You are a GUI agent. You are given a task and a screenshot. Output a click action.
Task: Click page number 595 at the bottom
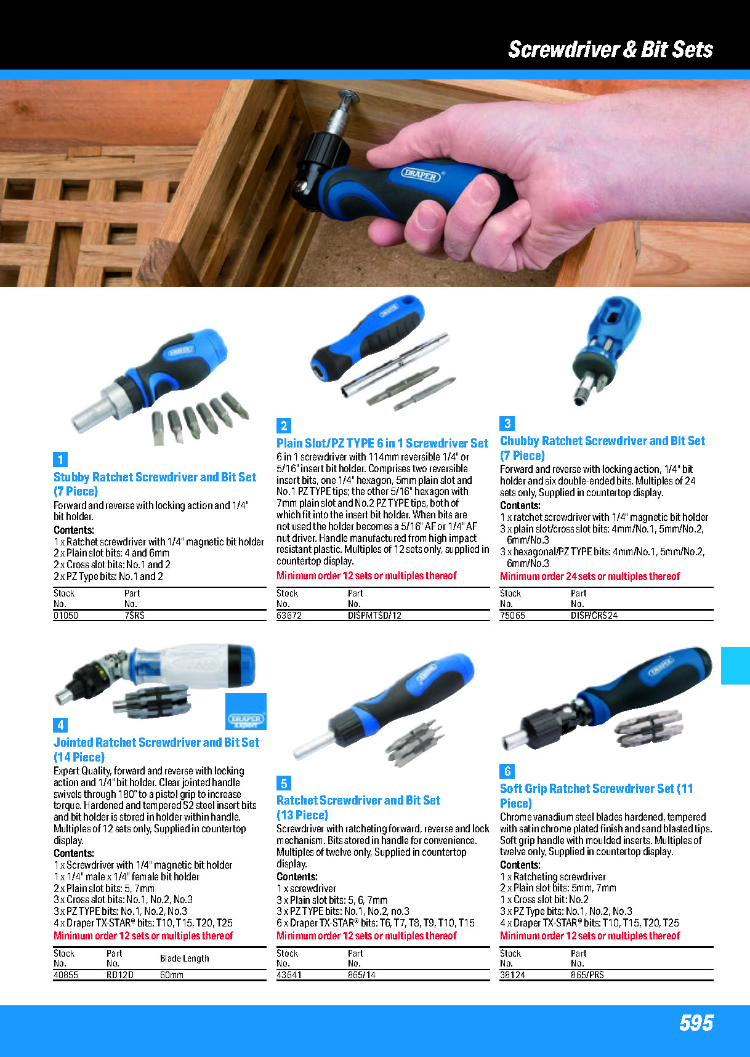696,1023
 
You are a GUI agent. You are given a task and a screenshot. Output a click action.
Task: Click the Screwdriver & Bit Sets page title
610,49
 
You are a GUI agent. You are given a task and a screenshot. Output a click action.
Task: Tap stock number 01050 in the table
66,615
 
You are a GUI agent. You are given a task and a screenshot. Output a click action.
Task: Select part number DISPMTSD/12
374,615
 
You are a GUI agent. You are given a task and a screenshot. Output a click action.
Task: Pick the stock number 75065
512,615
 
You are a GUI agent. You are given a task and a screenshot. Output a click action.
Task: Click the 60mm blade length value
172,975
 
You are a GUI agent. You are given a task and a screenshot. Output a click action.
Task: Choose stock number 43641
289,975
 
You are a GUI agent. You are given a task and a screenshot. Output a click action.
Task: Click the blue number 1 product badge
60,459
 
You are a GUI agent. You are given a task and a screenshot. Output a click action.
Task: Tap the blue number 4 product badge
60,725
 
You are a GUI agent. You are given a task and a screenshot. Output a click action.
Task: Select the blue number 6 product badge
507,771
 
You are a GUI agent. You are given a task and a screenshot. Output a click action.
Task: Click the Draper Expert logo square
246,712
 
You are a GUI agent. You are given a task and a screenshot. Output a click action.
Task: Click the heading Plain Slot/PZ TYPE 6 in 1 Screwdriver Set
382,443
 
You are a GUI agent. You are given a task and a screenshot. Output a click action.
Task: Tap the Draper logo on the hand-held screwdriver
422,174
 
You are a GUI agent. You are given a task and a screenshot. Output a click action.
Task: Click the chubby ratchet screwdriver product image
605,349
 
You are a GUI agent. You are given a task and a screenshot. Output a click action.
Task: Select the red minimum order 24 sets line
590,576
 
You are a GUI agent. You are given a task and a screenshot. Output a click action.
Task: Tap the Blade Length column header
184,958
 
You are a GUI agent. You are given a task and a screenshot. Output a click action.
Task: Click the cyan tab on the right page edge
735,665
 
